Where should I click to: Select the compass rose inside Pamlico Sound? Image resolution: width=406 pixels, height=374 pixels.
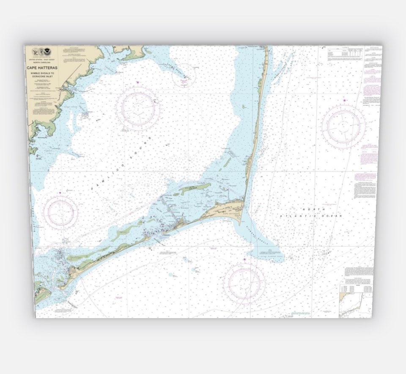138,109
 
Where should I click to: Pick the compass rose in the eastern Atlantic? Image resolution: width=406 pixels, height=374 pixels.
344,126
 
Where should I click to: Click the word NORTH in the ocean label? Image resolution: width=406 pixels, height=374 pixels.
313,209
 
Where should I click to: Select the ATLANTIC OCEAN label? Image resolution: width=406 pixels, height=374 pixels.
311,216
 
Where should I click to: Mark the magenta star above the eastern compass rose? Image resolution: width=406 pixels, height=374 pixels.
345,100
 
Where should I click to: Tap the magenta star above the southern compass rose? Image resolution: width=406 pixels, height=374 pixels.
244,259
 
